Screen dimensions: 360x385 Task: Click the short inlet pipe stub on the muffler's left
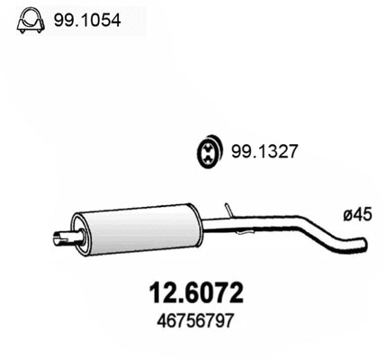(x=62, y=238)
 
